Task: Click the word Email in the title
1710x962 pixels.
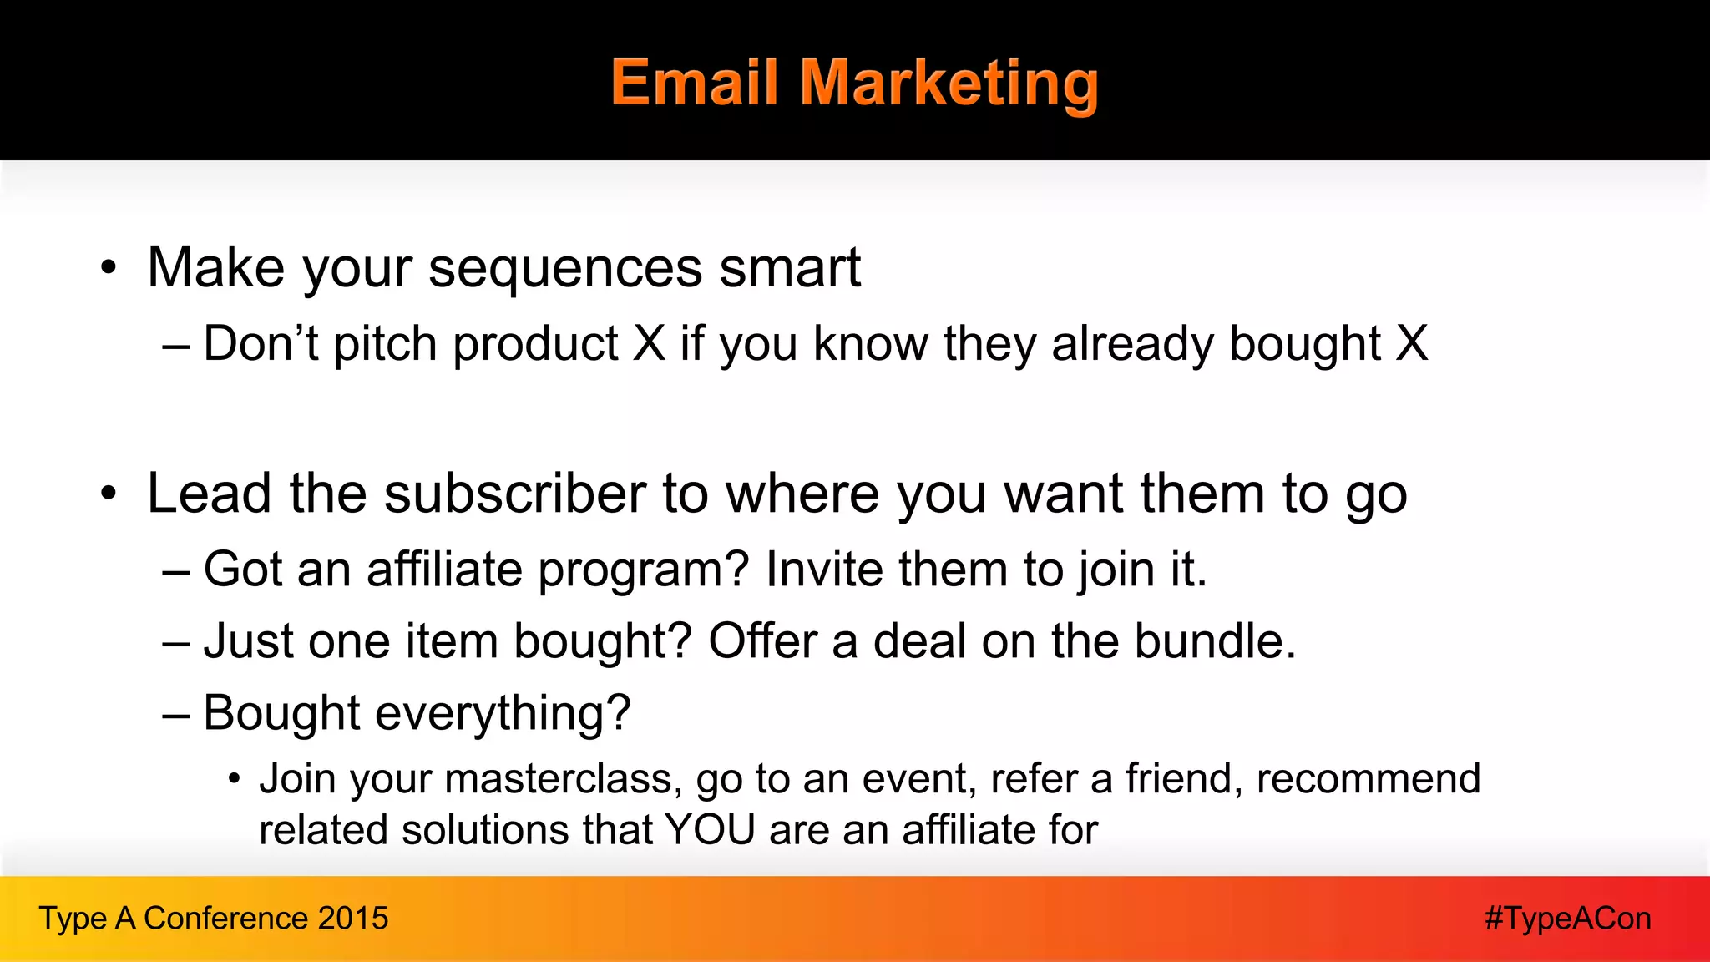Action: (695, 84)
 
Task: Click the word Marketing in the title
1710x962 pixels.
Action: (949, 84)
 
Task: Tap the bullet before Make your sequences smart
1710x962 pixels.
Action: (109, 269)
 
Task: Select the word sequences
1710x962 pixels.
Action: (565, 269)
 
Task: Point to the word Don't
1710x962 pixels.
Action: (261, 343)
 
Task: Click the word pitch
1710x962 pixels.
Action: (385, 345)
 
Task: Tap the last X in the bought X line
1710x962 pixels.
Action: (1412, 343)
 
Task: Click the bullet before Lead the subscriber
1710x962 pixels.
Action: (109, 494)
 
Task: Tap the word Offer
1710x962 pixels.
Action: (762, 641)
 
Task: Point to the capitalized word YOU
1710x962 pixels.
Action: (710, 830)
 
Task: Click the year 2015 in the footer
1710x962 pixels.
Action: (353, 919)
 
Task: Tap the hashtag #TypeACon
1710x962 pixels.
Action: (1567, 919)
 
